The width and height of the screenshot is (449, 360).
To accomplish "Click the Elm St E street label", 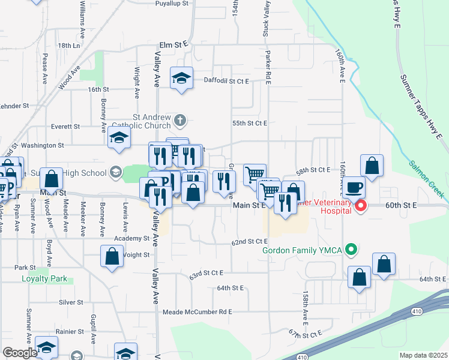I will click(x=173, y=44).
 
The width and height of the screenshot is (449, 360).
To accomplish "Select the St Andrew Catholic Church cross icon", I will click(x=179, y=121).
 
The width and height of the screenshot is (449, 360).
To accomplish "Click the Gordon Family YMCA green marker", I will click(x=352, y=249).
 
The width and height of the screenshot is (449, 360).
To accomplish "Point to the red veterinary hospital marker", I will click(x=360, y=208).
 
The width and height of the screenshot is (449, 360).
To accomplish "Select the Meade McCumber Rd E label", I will click(x=197, y=312).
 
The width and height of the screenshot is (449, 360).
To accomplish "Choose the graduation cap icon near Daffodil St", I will click(x=181, y=78).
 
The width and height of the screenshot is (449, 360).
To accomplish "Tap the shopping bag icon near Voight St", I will click(x=112, y=257).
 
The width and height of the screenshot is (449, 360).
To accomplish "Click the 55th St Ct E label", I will click(x=249, y=123).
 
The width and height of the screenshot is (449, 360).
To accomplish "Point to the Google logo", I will click(x=20, y=353).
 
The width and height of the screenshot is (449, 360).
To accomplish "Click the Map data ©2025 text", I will click(x=423, y=355).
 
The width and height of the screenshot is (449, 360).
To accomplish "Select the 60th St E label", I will click(x=401, y=205).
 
